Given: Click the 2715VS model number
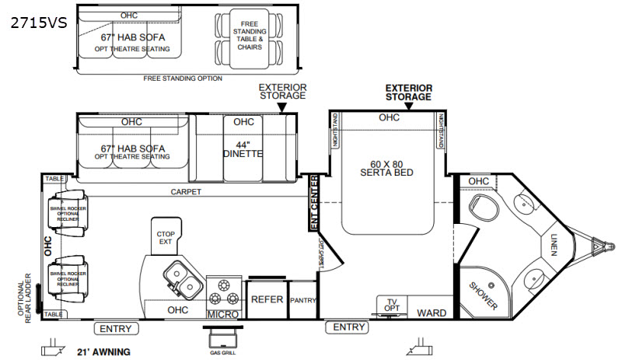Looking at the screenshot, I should (x=39, y=23).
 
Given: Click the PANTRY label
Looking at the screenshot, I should (x=302, y=300).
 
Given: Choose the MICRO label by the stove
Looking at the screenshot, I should (x=222, y=314).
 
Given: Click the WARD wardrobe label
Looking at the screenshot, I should (x=431, y=313).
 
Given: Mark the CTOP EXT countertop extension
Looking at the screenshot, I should (x=164, y=237).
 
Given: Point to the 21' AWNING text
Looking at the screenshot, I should (x=103, y=351).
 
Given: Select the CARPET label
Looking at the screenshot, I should (x=187, y=191).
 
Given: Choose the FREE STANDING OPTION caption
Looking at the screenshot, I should (x=183, y=79).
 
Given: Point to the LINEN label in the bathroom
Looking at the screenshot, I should (x=554, y=245).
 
